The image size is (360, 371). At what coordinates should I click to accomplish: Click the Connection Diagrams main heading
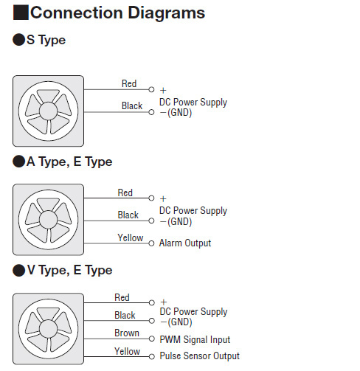pyautogui.click(x=117, y=13)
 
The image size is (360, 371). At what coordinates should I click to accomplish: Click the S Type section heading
pyautogui.click(x=46, y=40)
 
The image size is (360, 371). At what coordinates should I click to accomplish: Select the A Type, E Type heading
pyautogui.click(x=69, y=162)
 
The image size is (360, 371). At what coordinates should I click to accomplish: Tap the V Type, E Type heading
pyautogui.click(x=69, y=271)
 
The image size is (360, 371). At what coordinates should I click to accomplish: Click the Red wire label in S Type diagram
pyautogui.click(x=129, y=83)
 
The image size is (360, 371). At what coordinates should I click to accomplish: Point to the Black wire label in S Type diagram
pyautogui.click(x=132, y=105)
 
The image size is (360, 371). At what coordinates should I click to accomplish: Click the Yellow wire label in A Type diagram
pyautogui.click(x=131, y=237)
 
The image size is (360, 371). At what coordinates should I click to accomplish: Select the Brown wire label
pyautogui.click(x=127, y=333)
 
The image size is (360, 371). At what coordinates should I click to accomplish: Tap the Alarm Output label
pyautogui.click(x=185, y=243)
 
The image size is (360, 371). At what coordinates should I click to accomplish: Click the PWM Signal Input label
pyautogui.click(x=195, y=339)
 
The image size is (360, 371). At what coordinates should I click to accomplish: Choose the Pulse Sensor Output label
pyautogui.click(x=200, y=356)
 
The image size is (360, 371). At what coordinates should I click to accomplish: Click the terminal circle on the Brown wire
pyautogui.click(x=152, y=339)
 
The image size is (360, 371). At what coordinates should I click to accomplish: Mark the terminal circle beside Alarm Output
pyautogui.click(x=151, y=243)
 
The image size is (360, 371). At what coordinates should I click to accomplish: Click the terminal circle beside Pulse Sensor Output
pyautogui.click(x=152, y=356)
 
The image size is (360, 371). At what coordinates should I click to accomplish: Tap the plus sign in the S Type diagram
pyautogui.click(x=163, y=91)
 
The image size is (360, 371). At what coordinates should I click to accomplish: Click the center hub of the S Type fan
pyautogui.click(x=48, y=111)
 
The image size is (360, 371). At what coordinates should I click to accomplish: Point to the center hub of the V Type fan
pyautogui.click(x=48, y=329)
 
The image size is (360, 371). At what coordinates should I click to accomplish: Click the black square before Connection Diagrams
pyautogui.click(x=21, y=13)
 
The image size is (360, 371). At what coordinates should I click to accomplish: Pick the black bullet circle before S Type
pyautogui.click(x=19, y=40)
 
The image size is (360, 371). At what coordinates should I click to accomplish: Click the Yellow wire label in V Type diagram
pyautogui.click(x=128, y=351)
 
